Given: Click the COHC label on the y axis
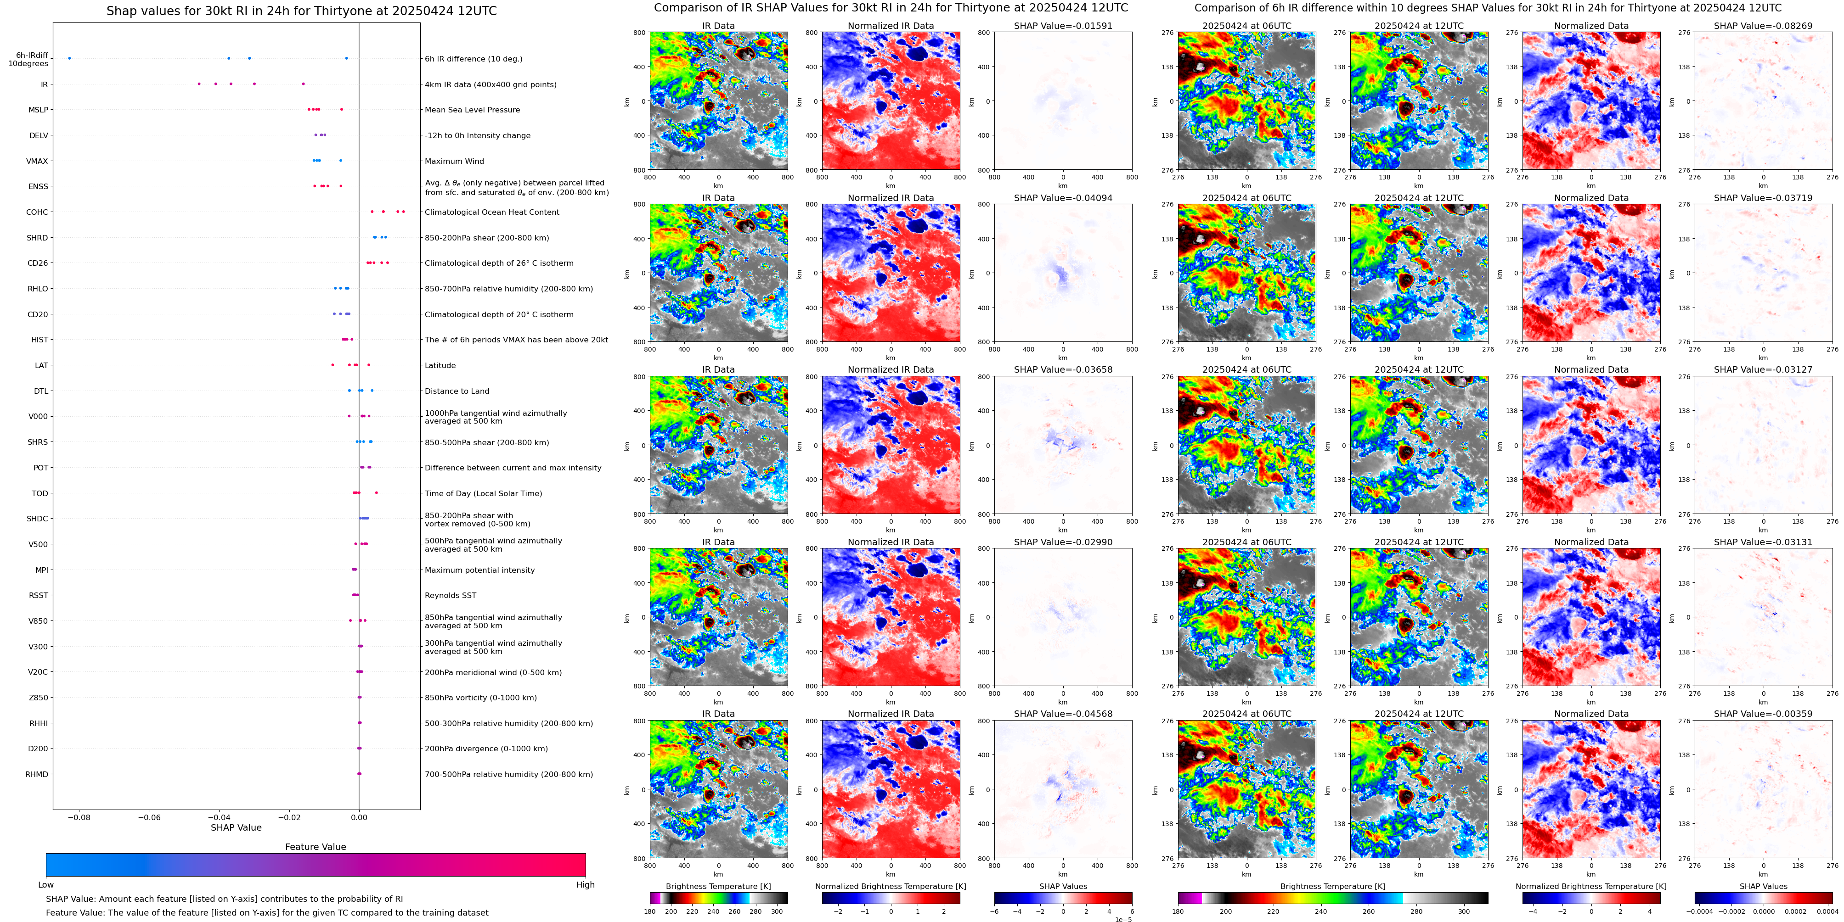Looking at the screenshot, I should [37, 212].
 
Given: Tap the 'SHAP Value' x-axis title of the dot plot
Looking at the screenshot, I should [236, 827].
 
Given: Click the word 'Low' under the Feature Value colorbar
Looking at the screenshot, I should [46, 885].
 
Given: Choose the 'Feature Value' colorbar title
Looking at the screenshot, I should [315, 847].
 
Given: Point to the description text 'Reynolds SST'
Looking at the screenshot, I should [450, 596].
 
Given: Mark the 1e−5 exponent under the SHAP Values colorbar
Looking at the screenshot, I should [1123, 919].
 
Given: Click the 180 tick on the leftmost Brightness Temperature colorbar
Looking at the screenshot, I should [650, 912].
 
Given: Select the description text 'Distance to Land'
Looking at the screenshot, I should [457, 391].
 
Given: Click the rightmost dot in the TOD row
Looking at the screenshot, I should [377, 493].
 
